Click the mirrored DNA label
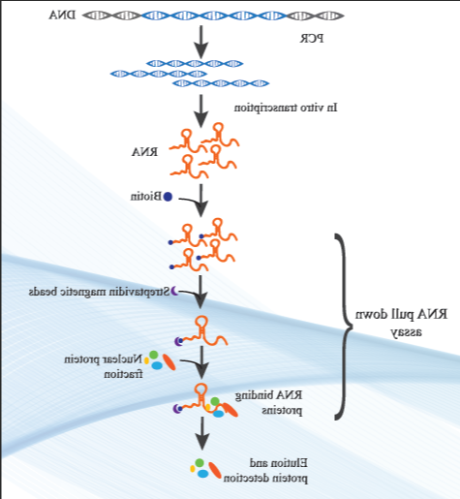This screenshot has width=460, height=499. pos(63,16)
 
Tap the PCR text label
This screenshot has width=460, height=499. pos(312,39)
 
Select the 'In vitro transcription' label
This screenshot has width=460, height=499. pos(286,108)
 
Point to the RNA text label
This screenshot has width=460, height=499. pos(145,152)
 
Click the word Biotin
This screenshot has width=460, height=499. pos(146,196)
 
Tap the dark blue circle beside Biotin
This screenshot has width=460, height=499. pos(168,197)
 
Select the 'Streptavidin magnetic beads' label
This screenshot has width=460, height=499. pos(99,292)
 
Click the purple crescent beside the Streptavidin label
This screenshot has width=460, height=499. pos(174,291)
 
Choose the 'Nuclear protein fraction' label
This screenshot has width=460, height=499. pos(104,366)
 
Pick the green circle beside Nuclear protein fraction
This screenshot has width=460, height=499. pos(154,355)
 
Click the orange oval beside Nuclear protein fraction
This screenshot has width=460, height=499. pos(169,362)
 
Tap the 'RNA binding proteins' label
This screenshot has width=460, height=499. pos(269,402)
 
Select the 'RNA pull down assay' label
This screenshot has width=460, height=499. pos(401,322)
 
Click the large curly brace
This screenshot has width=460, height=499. pos(343,327)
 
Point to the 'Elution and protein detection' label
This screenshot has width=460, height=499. pos(265,470)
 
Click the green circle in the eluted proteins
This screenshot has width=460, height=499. pos(199,463)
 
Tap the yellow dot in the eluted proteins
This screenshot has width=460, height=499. pos(193,469)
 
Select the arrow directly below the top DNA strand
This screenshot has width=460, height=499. pos(201,42)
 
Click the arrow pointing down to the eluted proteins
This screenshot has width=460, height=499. pos(202,433)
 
